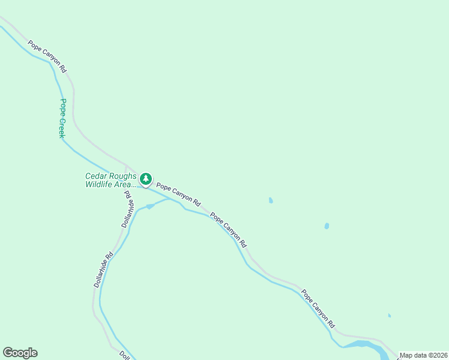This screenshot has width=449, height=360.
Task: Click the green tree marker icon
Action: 146,179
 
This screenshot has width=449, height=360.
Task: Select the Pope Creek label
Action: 62,118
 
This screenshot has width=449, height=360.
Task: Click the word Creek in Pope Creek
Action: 61,127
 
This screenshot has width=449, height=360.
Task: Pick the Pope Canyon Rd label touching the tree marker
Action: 178,196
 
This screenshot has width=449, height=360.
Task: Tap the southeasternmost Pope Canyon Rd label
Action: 318,308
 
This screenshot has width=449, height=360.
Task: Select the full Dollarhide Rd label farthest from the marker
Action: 104,269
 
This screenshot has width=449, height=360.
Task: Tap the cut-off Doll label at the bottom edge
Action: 125,355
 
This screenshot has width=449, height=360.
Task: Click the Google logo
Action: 20,353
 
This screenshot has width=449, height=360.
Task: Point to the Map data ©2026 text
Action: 424,355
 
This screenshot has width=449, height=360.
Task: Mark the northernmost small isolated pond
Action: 271,200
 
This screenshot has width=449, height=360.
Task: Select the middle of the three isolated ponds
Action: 327,226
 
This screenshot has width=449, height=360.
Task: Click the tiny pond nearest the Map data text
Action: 390,315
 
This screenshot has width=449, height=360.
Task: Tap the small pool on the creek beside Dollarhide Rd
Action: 150,206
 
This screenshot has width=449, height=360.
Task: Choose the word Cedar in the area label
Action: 95,176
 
